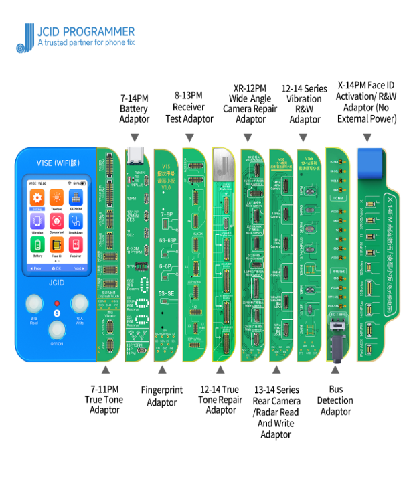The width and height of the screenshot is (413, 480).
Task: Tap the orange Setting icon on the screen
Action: [37, 199]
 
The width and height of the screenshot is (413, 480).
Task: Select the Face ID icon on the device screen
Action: [57, 245]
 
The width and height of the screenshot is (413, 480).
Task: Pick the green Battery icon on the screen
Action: [37, 245]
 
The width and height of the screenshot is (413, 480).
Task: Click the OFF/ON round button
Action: [57, 330]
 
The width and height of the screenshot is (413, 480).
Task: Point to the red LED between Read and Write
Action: [57, 303]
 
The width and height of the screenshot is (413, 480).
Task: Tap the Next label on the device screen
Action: [78, 268]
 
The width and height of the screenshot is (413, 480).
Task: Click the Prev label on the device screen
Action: [35, 268]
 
